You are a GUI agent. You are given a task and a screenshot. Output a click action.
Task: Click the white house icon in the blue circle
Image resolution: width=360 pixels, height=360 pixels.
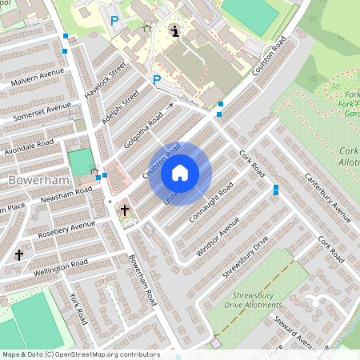click(x=180, y=172)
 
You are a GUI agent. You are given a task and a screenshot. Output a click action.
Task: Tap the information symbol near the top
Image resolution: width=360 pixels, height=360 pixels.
click(x=175, y=31)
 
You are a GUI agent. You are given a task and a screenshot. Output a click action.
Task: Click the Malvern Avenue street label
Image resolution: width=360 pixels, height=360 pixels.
click(x=37, y=78)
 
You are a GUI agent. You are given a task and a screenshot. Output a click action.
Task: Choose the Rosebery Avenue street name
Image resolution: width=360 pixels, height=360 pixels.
click(x=66, y=230)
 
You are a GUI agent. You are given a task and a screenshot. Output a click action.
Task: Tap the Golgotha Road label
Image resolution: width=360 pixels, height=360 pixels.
click(x=143, y=130)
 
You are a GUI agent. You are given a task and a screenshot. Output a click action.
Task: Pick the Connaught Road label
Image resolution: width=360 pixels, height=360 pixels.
click(x=211, y=204)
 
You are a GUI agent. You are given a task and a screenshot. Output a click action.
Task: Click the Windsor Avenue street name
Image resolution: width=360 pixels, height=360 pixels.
click(x=217, y=236)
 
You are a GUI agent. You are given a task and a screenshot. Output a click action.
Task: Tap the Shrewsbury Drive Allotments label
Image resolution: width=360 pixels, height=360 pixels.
click(x=270, y=305)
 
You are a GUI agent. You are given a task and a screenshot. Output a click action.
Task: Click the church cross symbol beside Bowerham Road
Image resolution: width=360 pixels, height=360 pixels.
click(x=124, y=210)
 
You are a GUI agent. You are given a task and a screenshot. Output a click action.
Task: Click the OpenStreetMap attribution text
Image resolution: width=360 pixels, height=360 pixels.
click(x=81, y=354)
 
